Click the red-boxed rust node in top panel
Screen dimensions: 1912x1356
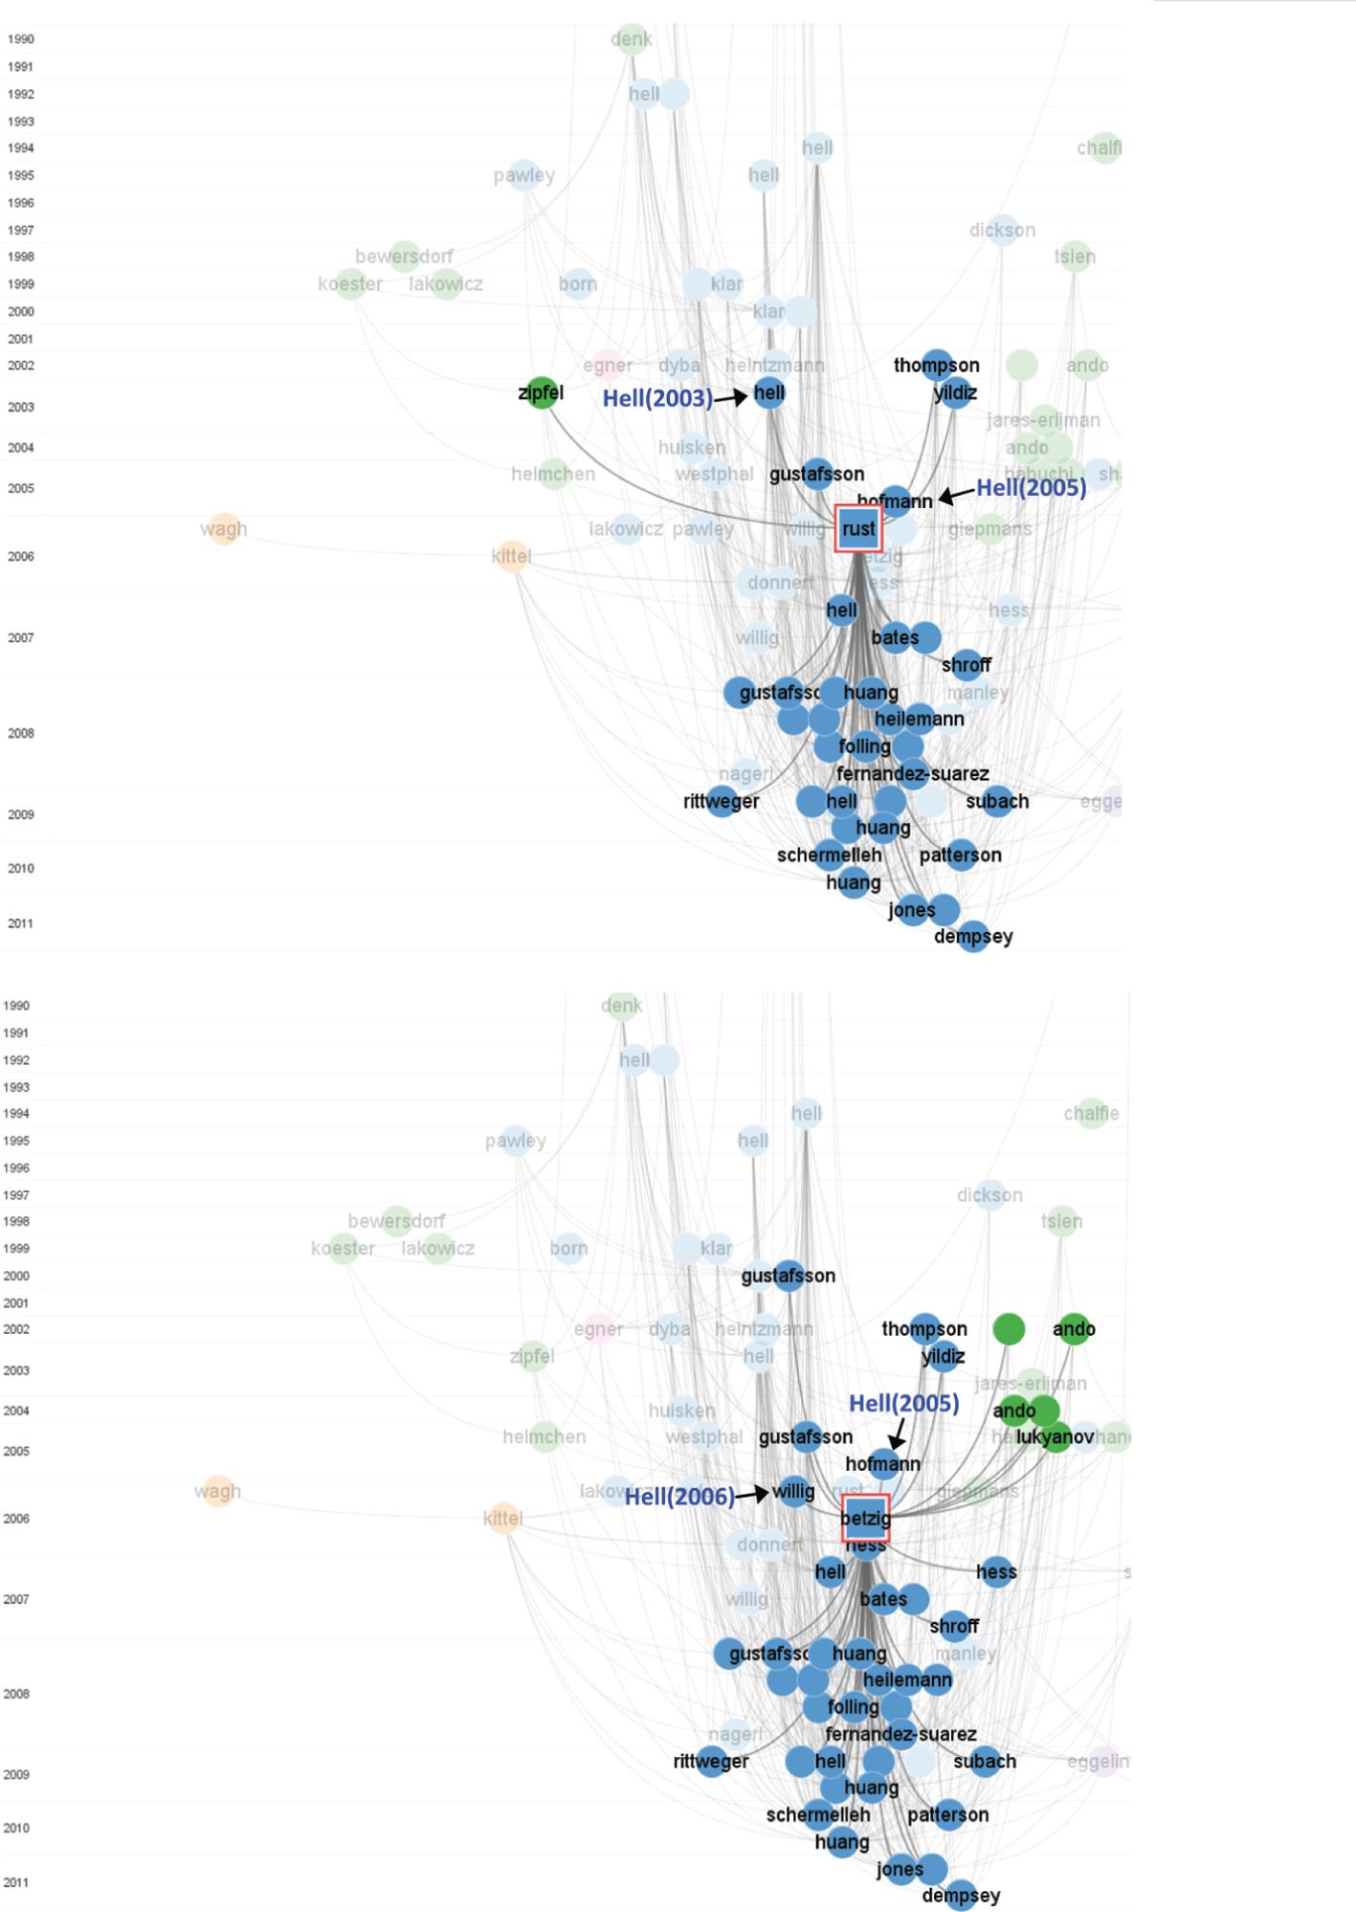858,528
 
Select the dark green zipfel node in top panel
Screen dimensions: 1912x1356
543,392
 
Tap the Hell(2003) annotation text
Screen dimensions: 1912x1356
657,399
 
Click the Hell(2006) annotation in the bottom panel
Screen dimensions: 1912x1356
679,1497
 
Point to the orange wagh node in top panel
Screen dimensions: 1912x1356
224,529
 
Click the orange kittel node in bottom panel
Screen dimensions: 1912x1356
503,1518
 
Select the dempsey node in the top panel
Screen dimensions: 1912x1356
973,937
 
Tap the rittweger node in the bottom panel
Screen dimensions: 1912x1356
711,1761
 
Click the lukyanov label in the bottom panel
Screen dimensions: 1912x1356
1055,1436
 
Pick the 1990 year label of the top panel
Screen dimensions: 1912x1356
21,39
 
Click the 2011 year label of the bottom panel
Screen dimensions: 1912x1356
15,1882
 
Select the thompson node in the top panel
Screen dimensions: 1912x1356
937,366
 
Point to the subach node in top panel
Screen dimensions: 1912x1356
997,801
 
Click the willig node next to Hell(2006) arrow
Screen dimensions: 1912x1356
793,1491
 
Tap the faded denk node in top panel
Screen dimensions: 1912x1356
632,39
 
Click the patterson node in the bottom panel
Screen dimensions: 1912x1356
948,1814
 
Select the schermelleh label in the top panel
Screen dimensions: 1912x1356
829,855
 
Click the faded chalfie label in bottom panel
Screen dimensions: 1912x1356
1091,1113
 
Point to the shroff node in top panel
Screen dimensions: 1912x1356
967,664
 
